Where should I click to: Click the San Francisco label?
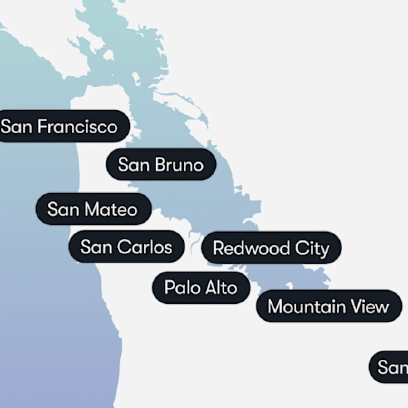60,127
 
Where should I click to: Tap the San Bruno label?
161,165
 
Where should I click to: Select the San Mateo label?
93,209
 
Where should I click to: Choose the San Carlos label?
126,247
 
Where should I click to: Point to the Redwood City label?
271,248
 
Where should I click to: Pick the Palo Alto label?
201,287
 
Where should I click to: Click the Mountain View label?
328,306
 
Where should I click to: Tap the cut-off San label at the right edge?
390,367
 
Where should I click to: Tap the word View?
370,306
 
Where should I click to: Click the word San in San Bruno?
133,165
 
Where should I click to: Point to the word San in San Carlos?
96,247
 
